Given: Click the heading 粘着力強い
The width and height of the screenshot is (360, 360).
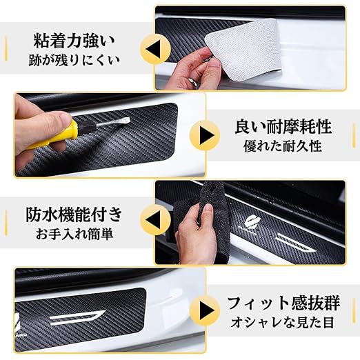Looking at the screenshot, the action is point(74,41).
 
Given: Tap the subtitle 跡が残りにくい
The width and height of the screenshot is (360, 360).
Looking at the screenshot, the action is point(74,60).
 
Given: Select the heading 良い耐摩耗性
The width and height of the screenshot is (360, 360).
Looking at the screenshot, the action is point(283,127).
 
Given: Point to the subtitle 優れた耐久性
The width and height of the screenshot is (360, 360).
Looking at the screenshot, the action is point(283,146).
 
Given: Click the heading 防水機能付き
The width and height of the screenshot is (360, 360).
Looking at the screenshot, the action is point(74,214).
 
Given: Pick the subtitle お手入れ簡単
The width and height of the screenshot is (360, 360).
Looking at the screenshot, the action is point(74,234).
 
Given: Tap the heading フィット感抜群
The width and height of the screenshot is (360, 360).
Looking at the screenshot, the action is point(283,303).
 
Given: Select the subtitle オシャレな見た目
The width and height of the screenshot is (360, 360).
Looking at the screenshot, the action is point(282,322).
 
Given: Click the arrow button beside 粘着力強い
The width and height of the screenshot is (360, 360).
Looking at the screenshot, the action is point(155,48).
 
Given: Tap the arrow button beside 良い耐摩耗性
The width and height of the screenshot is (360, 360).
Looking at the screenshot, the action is point(205,135).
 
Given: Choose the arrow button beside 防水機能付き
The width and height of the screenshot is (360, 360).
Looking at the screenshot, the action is point(155,219).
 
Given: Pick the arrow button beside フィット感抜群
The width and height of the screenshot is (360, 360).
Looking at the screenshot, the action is point(205,310).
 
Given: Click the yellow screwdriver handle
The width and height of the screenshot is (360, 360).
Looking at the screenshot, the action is point(55,135).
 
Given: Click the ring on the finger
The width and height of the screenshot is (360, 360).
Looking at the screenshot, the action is point(192,81).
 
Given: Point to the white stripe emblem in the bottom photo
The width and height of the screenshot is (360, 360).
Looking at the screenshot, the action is point(77,317).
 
